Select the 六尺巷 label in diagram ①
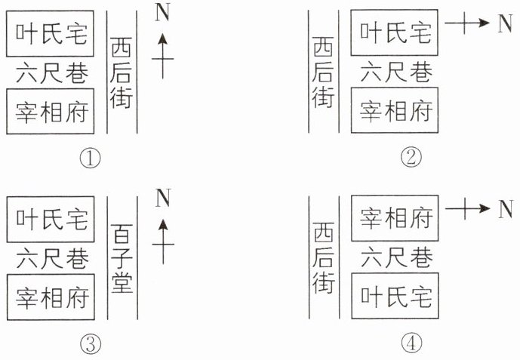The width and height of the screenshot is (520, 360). (x=52, y=73)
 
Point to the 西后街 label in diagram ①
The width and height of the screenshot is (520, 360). (x=122, y=72)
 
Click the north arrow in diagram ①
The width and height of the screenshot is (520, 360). (x=162, y=57)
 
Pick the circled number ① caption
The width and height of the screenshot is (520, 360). (x=91, y=158)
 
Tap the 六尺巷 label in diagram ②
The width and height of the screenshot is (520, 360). (x=396, y=72)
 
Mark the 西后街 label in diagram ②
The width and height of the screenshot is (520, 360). (x=323, y=72)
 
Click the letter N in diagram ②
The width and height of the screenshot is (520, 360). (x=505, y=23)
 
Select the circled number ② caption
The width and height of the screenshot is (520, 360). (x=411, y=158)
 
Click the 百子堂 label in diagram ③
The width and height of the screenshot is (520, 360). (x=122, y=258)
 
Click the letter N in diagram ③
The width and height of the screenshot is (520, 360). (x=163, y=198)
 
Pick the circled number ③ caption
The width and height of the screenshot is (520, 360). (x=91, y=343)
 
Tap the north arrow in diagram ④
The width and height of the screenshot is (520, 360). (x=468, y=208)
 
